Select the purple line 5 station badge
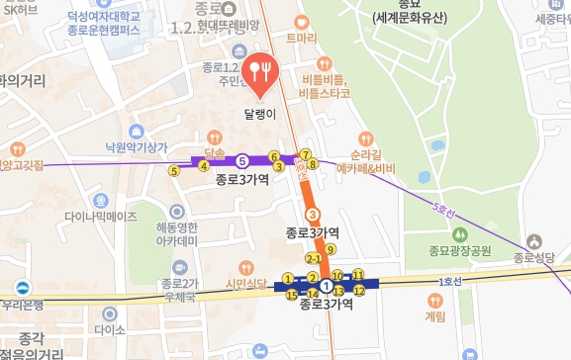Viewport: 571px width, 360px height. [x=242, y=158]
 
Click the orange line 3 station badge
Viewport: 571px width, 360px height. [x=312, y=214]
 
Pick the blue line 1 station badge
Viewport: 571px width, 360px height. [x=326, y=285]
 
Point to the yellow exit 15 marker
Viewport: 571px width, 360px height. [x=291, y=295]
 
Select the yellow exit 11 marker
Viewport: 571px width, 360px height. [x=358, y=276]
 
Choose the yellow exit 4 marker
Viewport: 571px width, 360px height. [x=204, y=166]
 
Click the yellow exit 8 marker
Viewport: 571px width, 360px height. [x=312, y=164]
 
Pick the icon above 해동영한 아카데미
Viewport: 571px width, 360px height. [x=177, y=211]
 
